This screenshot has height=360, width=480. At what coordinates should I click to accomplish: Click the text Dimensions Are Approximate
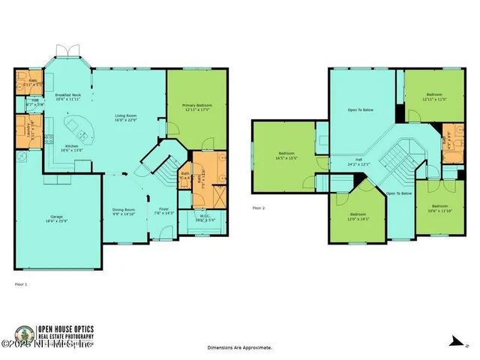pyautogui.click(x=240, y=348)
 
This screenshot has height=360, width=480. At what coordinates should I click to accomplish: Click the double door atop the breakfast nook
pyautogui.click(x=68, y=50)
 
